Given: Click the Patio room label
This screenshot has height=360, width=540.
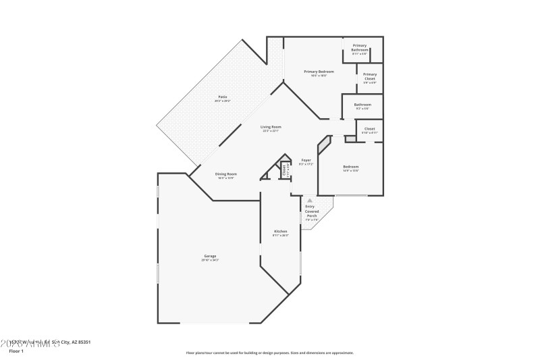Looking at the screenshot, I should click(221, 97).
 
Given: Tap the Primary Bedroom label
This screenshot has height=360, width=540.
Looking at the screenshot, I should click(319, 71).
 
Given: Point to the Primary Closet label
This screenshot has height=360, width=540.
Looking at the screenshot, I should click(369, 76).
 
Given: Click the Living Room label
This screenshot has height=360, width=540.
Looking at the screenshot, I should click(271, 127).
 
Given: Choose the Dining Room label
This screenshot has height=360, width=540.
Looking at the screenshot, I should click(225, 174).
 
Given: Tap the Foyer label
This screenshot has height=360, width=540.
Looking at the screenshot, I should click(306, 160).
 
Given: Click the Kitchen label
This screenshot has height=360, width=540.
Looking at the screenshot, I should click(280, 231).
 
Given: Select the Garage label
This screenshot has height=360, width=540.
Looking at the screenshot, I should click(210, 255).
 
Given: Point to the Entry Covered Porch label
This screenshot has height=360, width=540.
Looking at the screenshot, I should click(311, 211).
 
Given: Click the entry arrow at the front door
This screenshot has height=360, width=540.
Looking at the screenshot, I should click(309, 200).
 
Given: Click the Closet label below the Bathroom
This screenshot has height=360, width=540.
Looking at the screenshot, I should click(369, 128).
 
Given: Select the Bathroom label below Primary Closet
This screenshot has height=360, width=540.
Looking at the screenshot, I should click(362, 105).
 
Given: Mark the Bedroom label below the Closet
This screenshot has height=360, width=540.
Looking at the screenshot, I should click(350, 166).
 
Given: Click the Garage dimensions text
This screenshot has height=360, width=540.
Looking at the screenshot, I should click(210, 259).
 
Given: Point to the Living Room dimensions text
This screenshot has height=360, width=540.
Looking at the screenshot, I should click(271, 131).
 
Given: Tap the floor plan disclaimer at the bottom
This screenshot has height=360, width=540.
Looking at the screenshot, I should click(269, 353).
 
